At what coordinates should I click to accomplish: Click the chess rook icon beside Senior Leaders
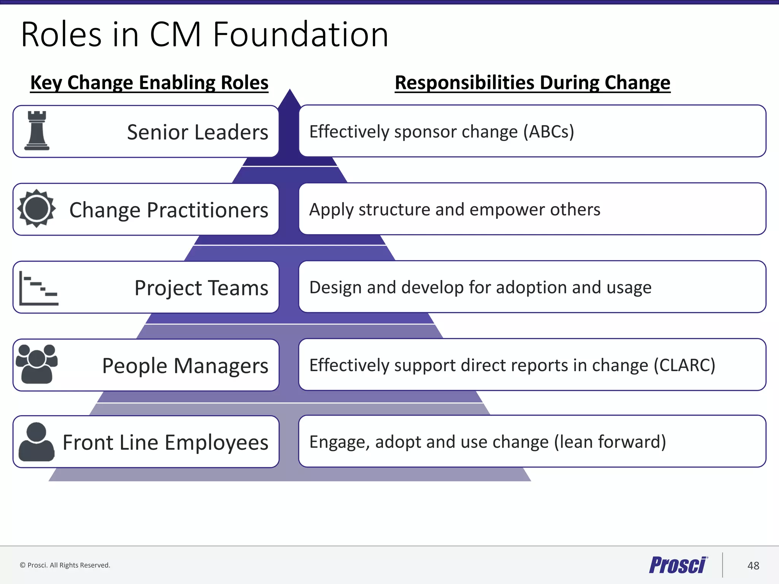(37, 130)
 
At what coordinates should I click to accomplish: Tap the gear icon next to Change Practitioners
(37, 208)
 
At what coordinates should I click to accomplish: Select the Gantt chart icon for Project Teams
(38, 288)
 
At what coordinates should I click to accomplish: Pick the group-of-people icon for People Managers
(37, 364)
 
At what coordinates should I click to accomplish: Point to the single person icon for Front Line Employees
(37, 442)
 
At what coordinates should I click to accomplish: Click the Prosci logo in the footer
(678, 565)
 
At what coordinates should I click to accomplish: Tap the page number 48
(753, 566)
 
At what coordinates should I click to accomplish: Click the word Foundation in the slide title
(300, 35)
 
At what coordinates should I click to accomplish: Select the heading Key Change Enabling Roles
(149, 83)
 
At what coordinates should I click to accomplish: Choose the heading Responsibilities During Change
(533, 83)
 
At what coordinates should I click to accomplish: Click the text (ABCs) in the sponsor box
(548, 132)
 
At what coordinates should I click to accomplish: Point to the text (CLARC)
(684, 365)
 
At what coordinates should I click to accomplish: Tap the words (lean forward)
(610, 442)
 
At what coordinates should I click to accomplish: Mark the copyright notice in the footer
(65, 565)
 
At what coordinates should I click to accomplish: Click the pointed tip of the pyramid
(290, 93)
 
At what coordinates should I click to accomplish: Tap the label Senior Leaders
(197, 132)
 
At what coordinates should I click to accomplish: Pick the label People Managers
(185, 366)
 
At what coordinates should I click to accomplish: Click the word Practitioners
(207, 210)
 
